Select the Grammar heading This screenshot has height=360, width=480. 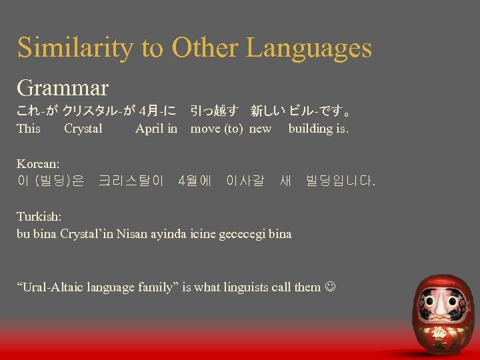[63, 87]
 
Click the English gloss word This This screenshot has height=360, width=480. [29, 129]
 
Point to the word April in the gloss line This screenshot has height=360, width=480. [149, 129]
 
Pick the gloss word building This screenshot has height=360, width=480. [311, 129]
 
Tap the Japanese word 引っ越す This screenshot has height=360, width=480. [214, 110]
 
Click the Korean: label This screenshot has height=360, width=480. [38, 163]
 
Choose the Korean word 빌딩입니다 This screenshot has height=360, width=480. [340, 180]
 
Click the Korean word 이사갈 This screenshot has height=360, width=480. [245, 180]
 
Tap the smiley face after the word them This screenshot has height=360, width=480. [331, 287]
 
